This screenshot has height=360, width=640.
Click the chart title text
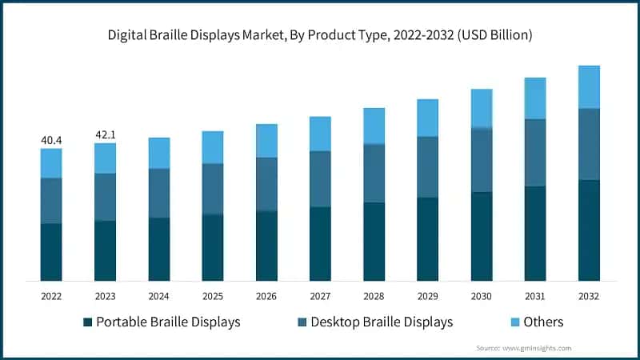(x=320, y=35)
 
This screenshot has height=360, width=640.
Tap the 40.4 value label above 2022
(x=51, y=141)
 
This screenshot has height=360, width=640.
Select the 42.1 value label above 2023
(x=105, y=134)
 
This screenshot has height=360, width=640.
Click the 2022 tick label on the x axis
(x=51, y=296)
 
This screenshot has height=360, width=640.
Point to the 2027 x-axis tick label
(x=320, y=296)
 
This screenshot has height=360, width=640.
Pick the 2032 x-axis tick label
(x=589, y=296)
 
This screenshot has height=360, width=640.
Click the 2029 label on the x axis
(x=427, y=296)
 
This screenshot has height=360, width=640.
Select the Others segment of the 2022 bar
(x=51, y=163)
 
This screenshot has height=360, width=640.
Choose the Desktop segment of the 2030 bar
(x=481, y=160)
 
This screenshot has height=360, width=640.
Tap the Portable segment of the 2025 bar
(x=212, y=248)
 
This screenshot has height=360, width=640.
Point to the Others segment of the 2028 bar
(x=374, y=126)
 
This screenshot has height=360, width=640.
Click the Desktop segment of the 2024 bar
(x=158, y=193)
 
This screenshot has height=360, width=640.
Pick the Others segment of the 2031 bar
(x=535, y=98)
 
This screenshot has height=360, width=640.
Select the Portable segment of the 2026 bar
(x=266, y=246)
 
